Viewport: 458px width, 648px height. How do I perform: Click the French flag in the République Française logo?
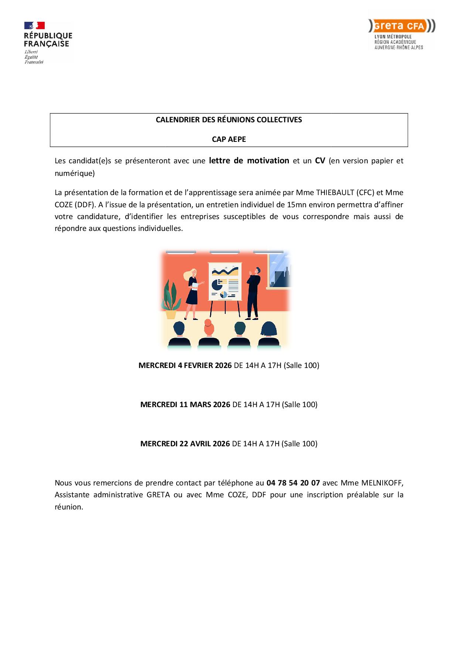34,25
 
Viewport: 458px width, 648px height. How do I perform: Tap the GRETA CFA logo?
401,27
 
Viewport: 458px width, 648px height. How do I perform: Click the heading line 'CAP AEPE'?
229,139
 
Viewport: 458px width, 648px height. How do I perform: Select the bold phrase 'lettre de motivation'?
249,161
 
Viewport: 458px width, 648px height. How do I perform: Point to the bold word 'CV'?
320,161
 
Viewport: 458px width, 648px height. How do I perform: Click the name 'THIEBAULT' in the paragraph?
335,192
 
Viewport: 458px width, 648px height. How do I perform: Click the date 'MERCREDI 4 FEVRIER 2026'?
185,365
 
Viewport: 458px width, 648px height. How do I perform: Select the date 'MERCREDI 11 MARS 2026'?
185,405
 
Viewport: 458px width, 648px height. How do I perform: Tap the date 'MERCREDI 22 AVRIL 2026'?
185,444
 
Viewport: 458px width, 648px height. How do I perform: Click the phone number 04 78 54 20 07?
293,483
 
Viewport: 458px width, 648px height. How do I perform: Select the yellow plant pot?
171,314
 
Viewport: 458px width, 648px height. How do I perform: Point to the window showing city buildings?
280,272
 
